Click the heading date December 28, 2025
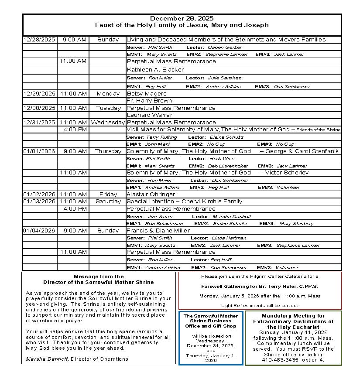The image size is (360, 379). pos(182,18)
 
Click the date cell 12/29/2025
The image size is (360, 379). pos(39,93)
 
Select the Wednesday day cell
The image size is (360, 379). pos(108,123)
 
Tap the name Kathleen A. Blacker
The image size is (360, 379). pos(155,70)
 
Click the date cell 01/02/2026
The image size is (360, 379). pos(39,195)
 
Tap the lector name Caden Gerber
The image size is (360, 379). pos(224,48)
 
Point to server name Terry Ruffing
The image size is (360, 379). pos(162,137)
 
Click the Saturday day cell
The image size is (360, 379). pos(108,201)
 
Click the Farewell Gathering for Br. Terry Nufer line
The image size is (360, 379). pos(260,287)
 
